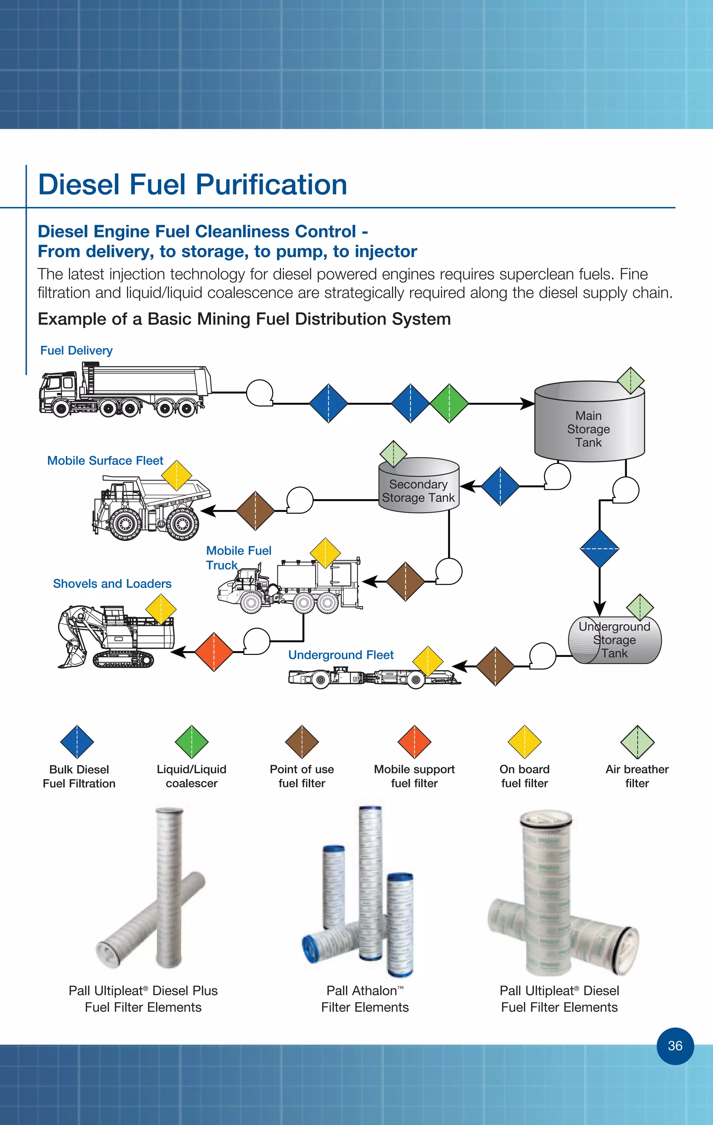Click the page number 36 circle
[x=675, y=1046]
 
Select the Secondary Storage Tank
[x=418, y=491]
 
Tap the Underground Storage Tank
[x=614, y=640]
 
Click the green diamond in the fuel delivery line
[x=449, y=403]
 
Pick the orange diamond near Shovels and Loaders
[x=214, y=652]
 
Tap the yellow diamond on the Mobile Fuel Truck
[x=326, y=553]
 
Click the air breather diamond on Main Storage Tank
[x=630, y=381]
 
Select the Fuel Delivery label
[x=76, y=350]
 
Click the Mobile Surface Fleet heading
[x=105, y=461]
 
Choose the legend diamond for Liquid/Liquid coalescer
[x=191, y=742]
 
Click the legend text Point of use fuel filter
[x=301, y=776]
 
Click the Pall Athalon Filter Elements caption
[x=365, y=999]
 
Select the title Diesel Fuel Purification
[x=193, y=184]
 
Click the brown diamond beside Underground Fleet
[x=495, y=666]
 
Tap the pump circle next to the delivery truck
[x=259, y=393]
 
